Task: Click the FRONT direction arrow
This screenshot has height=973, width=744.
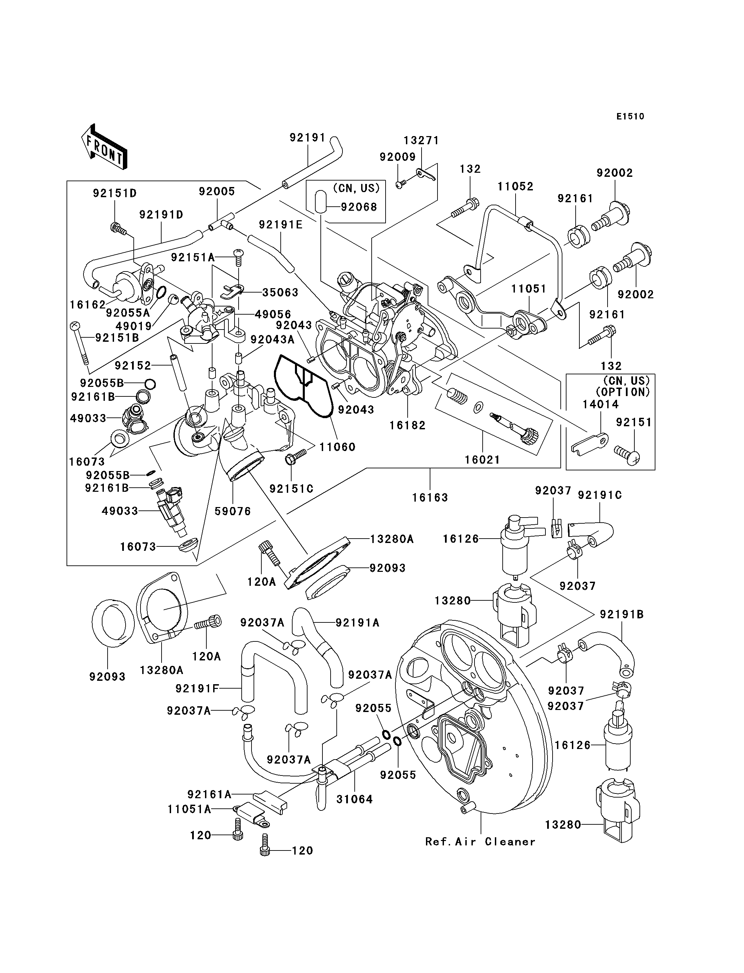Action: [x=105, y=147]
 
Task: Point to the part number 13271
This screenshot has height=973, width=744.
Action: [x=421, y=141]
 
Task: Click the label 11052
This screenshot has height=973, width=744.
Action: [x=515, y=186]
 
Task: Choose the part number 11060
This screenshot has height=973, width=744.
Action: [x=337, y=447]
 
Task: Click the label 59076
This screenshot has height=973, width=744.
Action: [x=232, y=511]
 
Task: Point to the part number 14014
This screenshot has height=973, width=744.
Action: [x=600, y=404]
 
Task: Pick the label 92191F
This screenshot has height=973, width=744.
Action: [x=198, y=689]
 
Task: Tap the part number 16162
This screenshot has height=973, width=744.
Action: [x=87, y=305]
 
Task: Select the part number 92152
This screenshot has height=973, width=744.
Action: [x=133, y=366]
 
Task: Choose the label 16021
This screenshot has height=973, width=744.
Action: [x=482, y=460]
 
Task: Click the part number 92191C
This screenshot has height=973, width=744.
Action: [x=600, y=495]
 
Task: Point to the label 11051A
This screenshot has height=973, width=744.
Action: [x=189, y=809]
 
